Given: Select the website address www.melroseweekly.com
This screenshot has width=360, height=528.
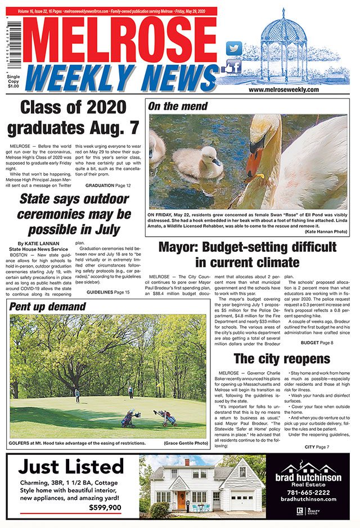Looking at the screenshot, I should pos(283,89).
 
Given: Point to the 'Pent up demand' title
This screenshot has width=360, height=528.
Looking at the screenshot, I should pos(47,307).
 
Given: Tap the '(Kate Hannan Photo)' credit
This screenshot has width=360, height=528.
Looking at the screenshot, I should pos(327,232).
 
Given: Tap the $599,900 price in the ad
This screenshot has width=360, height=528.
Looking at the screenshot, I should pos(105,508).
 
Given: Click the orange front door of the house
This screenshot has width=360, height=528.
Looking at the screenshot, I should pos(181,499).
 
